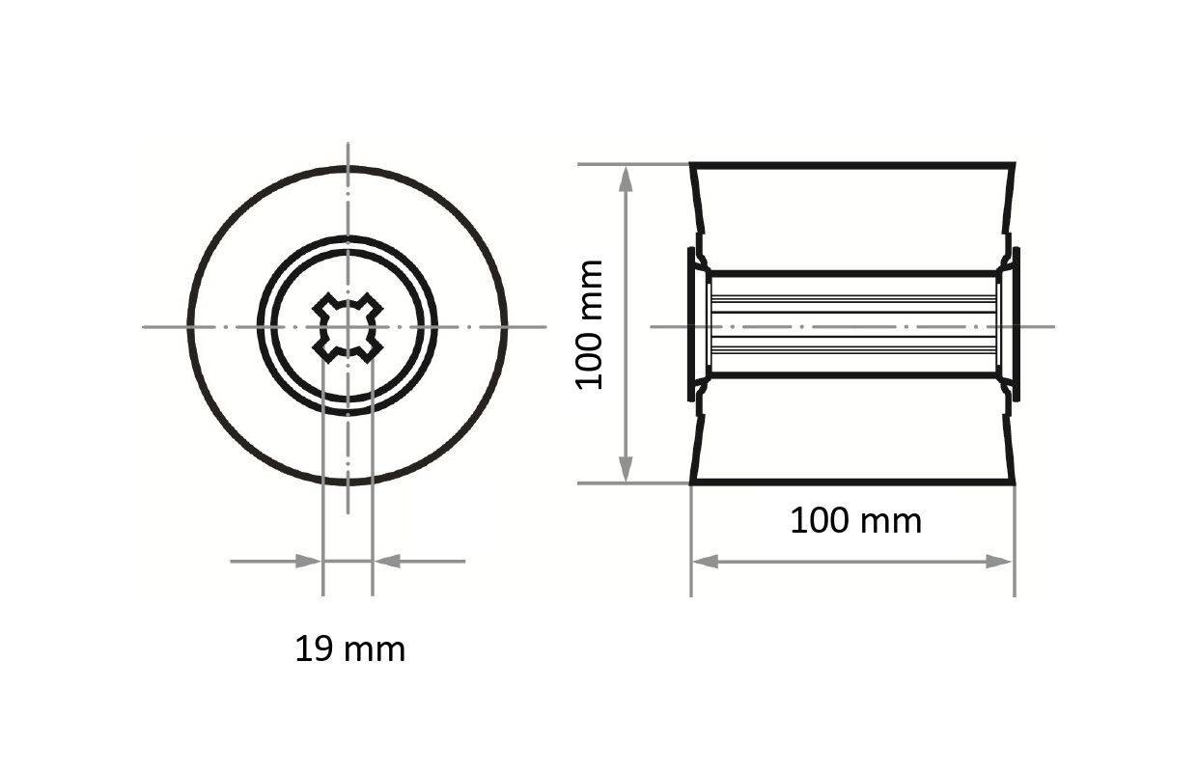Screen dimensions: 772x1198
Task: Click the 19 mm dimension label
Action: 349,649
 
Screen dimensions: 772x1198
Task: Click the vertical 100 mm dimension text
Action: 589,324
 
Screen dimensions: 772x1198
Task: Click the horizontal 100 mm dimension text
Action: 855,521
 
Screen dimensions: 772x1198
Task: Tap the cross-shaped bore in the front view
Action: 348,326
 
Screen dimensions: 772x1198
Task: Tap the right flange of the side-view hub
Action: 1015,324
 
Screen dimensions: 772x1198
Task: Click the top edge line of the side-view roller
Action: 852,165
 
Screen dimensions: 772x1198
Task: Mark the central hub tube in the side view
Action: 852,324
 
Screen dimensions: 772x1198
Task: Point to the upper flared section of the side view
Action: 852,217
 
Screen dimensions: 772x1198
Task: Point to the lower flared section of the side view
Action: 852,429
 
